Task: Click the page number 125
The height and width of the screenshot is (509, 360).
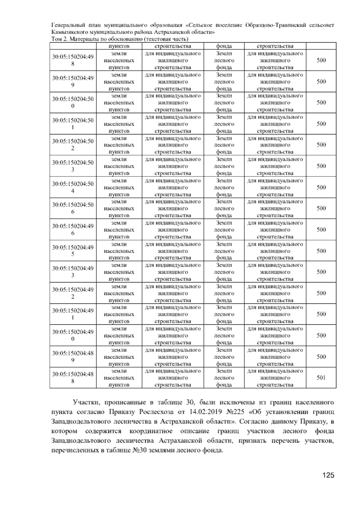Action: pyautogui.click(x=328, y=475)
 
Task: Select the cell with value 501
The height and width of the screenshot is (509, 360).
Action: pyautogui.click(x=321, y=378)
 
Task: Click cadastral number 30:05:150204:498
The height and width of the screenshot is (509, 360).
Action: pyautogui.click(x=73, y=60)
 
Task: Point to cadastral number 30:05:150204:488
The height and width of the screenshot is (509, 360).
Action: pyautogui.click(x=73, y=378)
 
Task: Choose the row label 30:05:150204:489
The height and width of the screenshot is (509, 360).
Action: pyautogui.click(x=73, y=357)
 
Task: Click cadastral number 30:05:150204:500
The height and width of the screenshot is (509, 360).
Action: pyautogui.click(x=73, y=103)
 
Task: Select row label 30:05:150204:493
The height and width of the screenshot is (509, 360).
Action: pyautogui.click(x=73, y=272)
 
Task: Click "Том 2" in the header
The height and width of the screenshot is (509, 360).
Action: pyautogui.click(x=59, y=39)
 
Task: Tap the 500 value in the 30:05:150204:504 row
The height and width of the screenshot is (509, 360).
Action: pyautogui.click(x=321, y=188)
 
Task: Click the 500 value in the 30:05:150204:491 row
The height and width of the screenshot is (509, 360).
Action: pyautogui.click(x=321, y=314)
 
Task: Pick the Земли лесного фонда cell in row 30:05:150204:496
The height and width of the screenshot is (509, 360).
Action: pyautogui.click(x=224, y=230)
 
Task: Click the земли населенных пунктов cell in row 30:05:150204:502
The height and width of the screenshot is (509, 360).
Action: pyautogui.click(x=119, y=145)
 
